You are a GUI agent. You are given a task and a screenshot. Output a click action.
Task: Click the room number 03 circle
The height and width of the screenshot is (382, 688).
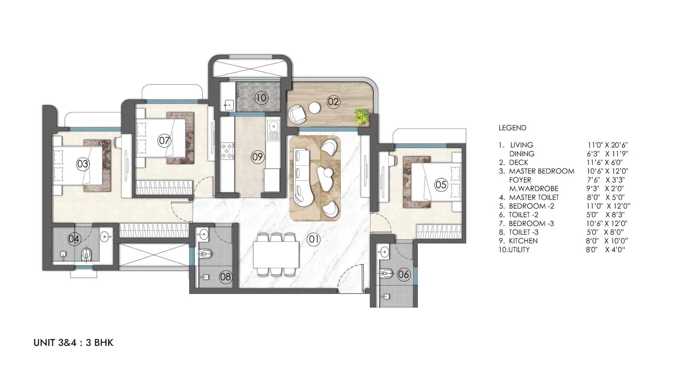[83, 164]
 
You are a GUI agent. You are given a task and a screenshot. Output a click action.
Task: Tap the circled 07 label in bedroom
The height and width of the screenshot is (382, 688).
[164, 140]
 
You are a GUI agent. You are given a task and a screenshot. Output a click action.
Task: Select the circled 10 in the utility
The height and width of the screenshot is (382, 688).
[261, 98]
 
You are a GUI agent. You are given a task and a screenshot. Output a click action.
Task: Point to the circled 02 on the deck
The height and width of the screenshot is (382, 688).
[333, 102]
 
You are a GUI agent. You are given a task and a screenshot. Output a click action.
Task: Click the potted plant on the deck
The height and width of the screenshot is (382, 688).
[362, 116]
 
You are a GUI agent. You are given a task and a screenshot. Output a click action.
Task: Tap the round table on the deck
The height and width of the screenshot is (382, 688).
[315, 108]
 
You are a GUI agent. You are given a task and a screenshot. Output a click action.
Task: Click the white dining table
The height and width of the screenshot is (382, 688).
[276, 254]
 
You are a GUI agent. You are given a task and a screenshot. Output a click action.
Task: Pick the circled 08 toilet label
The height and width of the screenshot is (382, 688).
[226, 277]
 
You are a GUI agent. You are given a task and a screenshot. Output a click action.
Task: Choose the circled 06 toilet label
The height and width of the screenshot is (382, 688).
[404, 274]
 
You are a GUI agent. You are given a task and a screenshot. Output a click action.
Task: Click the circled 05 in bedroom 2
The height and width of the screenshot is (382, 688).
[441, 185]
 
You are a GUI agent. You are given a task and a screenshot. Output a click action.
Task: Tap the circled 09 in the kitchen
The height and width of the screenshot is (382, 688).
[257, 157]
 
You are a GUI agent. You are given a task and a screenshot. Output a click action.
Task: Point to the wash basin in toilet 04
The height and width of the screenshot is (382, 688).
[106, 236]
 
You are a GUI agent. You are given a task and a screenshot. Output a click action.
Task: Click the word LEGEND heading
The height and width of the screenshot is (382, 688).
[513, 128]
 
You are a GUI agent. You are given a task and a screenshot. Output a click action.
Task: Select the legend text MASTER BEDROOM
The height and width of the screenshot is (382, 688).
[542, 171]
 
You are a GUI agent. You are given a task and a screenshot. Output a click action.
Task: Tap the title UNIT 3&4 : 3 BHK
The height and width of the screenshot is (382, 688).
[73, 343]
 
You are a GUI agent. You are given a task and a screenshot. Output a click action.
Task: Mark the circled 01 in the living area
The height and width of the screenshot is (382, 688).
[314, 239]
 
